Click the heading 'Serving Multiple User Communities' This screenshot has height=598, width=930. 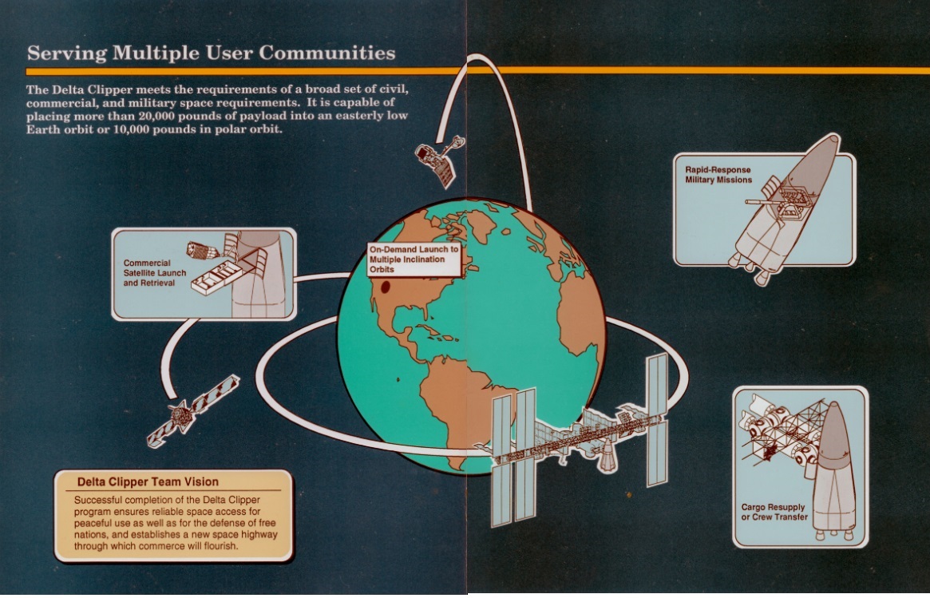click(x=211, y=53)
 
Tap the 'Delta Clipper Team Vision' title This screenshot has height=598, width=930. click(x=148, y=481)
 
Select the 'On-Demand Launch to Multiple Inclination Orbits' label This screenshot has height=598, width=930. click(x=414, y=259)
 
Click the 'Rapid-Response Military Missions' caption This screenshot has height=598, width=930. click(x=718, y=175)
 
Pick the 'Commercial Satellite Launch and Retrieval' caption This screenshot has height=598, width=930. click(x=155, y=273)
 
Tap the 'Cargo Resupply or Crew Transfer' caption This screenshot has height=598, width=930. click(x=773, y=512)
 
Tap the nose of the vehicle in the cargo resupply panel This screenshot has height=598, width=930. click(x=835, y=419)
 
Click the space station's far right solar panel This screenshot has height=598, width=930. click(x=657, y=419)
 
